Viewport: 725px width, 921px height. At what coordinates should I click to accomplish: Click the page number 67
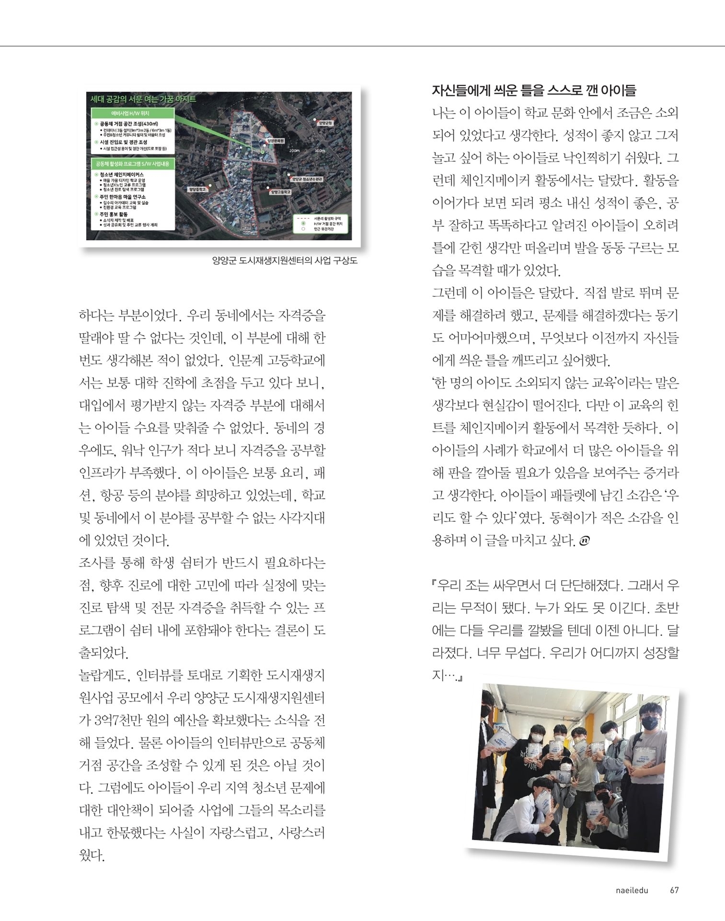click(674, 890)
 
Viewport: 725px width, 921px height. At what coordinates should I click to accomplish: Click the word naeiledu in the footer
click(632, 890)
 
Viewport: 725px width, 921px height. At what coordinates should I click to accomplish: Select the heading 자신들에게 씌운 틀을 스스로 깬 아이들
click(534, 90)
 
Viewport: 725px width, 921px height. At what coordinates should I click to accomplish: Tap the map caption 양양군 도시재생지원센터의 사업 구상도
click(285, 260)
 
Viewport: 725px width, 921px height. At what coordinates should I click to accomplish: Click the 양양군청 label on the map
click(325, 123)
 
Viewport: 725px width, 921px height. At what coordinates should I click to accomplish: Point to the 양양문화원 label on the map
click(275, 141)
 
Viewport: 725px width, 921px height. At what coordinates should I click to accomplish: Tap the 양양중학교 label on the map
click(197, 189)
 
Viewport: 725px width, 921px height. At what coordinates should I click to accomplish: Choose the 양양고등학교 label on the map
click(280, 191)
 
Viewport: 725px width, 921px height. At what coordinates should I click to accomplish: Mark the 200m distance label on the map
click(294, 151)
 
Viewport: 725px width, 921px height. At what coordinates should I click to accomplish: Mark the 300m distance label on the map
click(319, 151)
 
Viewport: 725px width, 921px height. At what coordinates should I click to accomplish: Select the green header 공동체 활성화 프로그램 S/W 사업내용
click(133, 164)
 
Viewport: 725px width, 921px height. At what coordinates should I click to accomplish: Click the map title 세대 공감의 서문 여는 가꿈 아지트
click(143, 99)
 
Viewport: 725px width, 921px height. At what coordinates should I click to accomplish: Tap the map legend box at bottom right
click(321, 224)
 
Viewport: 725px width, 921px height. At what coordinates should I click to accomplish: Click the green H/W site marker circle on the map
click(263, 152)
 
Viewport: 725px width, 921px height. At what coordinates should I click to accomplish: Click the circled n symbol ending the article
click(584, 541)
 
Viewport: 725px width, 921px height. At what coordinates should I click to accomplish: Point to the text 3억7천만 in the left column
click(120, 720)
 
